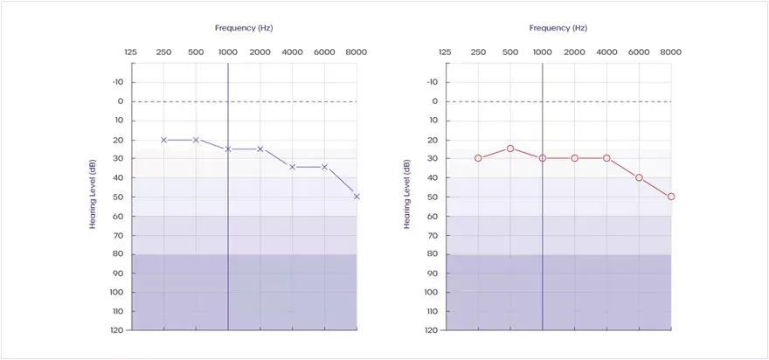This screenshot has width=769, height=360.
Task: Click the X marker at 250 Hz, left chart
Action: (x=163, y=140)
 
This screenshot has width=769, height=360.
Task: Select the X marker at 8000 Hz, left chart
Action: (x=357, y=197)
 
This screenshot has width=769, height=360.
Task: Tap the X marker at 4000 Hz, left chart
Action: (x=292, y=166)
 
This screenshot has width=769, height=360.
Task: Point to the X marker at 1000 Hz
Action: (x=228, y=149)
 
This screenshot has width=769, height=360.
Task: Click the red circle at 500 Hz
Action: (x=510, y=149)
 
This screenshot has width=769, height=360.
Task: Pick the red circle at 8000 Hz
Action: (x=671, y=197)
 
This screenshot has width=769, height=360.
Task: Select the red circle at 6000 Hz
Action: (x=639, y=177)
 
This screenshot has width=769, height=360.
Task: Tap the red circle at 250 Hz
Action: (x=478, y=158)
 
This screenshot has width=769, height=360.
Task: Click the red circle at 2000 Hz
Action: (x=575, y=158)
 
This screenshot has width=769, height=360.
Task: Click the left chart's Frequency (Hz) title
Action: (x=245, y=28)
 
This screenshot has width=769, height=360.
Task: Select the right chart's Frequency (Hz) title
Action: (x=559, y=28)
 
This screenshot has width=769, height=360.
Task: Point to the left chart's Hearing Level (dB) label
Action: (x=93, y=194)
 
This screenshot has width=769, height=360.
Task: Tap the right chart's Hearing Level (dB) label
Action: (x=407, y=194)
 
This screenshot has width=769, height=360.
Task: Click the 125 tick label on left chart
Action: (x=131, y=52)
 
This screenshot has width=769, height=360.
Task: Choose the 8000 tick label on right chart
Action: (x=671, y=52)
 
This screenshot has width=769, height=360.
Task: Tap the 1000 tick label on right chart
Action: (x=543, y=52)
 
